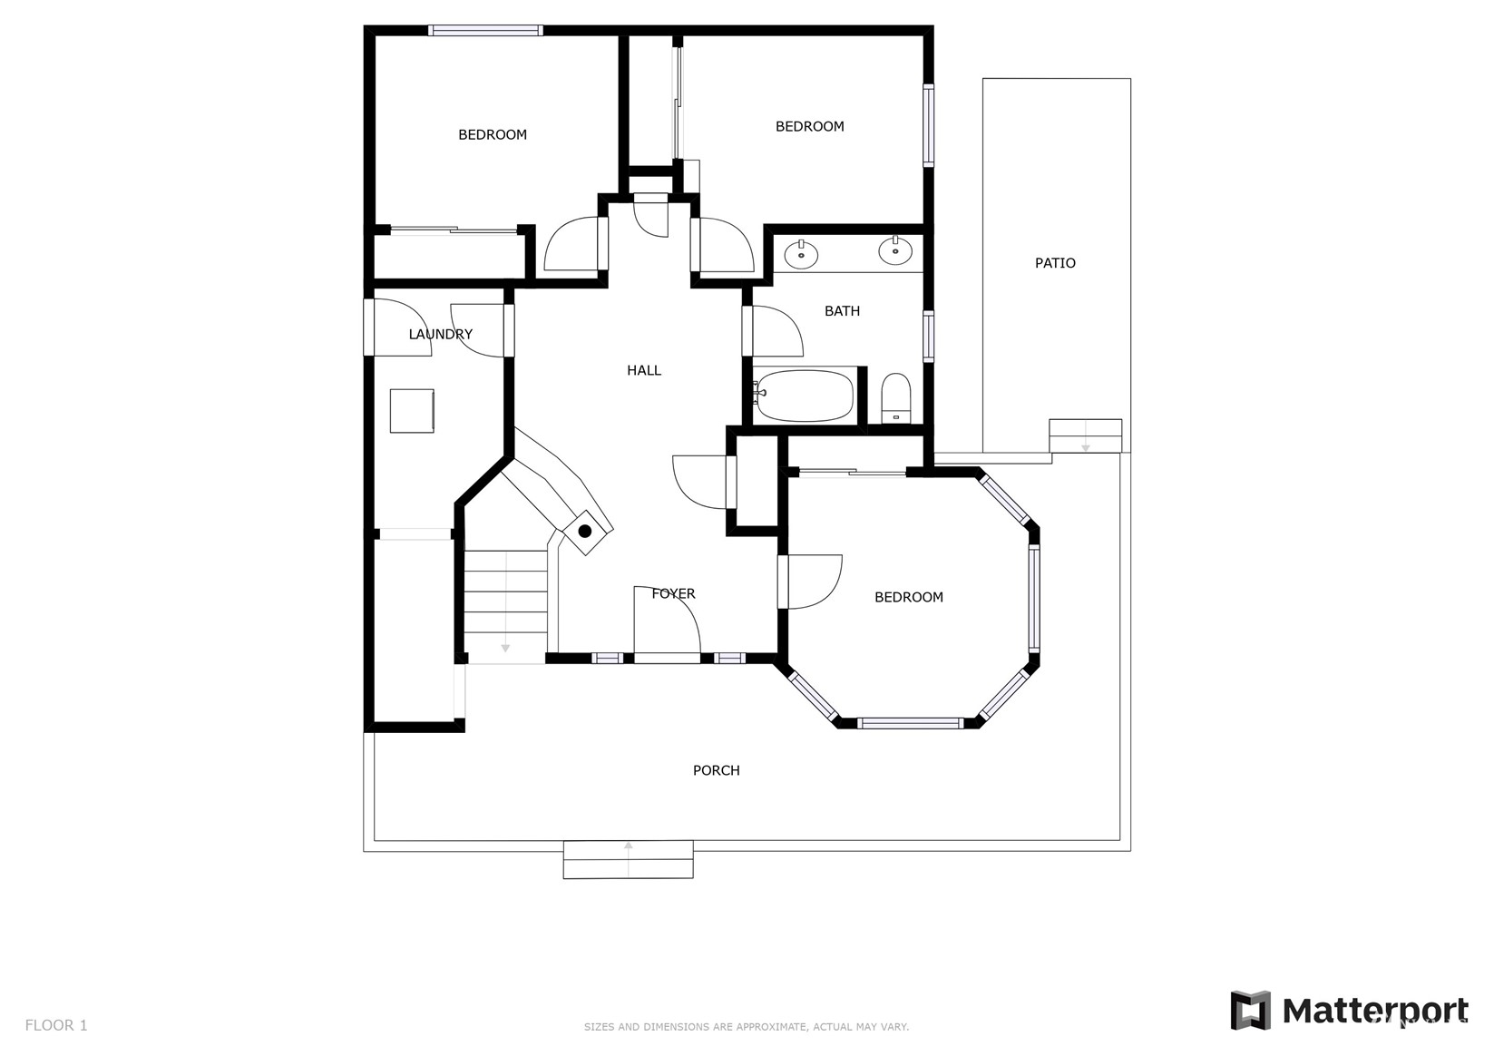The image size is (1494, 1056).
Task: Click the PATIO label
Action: click(x=1055, y=263)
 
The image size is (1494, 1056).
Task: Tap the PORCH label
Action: click(x=717, y=770)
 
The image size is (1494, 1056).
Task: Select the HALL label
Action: click(x=644, y=370)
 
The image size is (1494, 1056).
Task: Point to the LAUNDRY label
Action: click(x=440, y=334)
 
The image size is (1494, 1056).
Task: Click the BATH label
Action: click(x=842, y=311)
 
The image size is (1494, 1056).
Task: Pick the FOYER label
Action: click(x=673, y=593)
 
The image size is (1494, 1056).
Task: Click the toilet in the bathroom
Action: click(x=896, y=398)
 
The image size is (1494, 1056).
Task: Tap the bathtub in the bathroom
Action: click(x=805, y=396)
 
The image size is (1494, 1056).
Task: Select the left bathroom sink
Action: click(x=801, y=253)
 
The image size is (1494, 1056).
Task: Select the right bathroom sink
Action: click(x=895, y=250)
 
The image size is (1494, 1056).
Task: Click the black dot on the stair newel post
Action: click(x=585, y=532)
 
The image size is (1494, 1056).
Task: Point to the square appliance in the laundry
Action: click(x=412, y=411)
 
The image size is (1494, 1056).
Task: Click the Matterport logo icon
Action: click(x=1250, y=1010)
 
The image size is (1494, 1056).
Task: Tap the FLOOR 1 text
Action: click(x=56, y=1025)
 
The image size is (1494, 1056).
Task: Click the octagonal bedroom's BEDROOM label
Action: click(x=908, y=597)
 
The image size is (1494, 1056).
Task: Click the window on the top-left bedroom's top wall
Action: click(x=485, y=30)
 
